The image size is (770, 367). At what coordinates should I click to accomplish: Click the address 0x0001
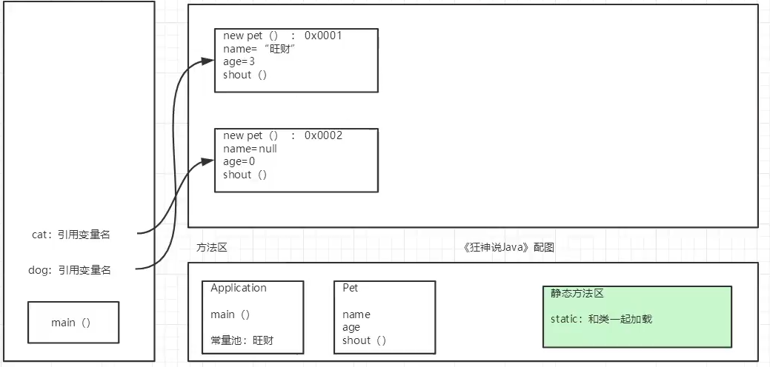point(323,36)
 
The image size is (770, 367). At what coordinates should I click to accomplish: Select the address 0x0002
point(323,135)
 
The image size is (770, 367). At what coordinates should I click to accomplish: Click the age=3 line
point(239,61)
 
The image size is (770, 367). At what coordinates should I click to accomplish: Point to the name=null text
point(250,149)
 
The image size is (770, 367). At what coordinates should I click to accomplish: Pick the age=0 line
point(239,161)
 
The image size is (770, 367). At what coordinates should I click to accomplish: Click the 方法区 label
point(212,248)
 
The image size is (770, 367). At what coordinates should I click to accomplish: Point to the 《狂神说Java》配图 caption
point(508,248)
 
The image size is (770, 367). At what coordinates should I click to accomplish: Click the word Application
point(239,288)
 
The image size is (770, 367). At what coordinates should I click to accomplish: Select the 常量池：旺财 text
point(247,341)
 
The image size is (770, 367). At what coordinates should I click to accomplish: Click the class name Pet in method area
point(351,288)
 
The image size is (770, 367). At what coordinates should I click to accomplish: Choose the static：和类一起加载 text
point(601,319)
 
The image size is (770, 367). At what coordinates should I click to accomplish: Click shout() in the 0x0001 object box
point(245,75)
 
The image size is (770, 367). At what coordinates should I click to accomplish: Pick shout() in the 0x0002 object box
point(245,175)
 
